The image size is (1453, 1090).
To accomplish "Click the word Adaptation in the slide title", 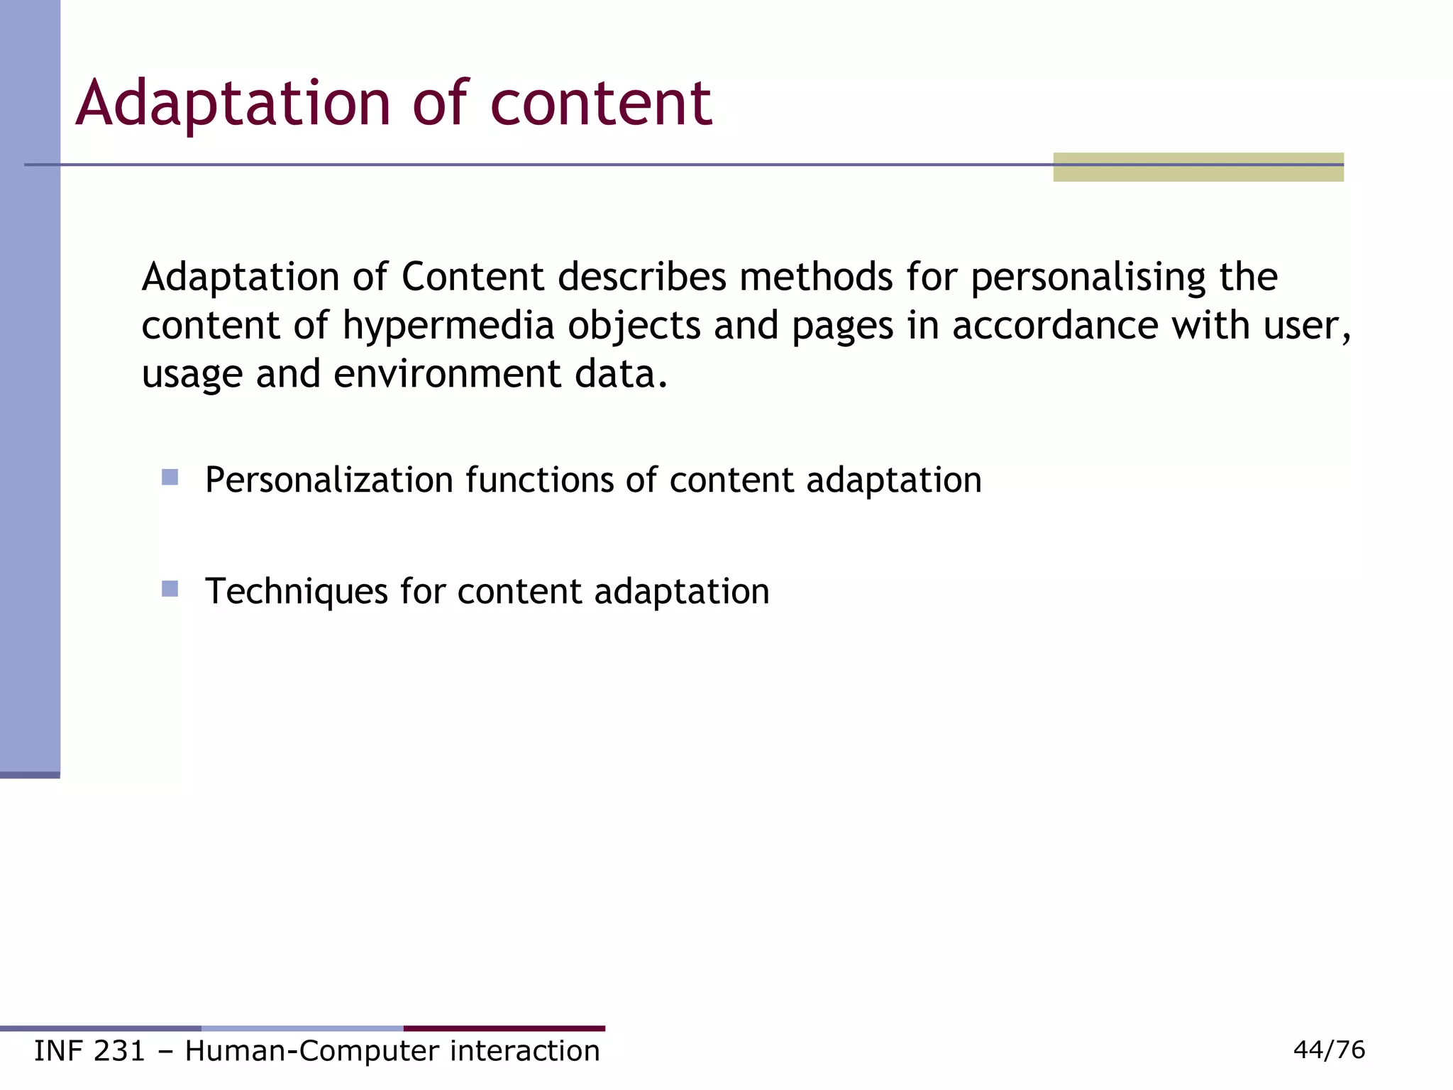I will pos(233,104).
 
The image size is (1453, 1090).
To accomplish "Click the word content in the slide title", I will pos(601,104).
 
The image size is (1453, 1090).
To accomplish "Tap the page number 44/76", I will pos(1329,1050).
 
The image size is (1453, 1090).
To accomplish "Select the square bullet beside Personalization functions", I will pos(170,477).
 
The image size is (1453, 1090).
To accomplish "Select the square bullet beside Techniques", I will pos(170,588).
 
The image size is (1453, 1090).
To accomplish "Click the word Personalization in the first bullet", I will pos(329,480).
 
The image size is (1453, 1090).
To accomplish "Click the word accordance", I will pos(1055,326).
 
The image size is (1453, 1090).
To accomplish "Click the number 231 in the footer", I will pos(119,1051).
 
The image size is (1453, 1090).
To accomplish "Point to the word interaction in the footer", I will pos(525,1051).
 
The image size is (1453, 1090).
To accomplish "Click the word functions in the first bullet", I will pos(539,480).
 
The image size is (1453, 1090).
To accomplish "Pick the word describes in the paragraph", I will pos(641,277).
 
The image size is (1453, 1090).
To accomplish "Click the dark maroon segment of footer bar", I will pos(504,1028).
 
